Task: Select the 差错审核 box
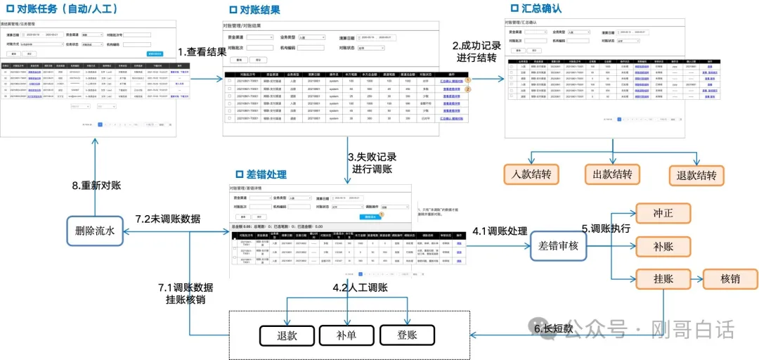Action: click(x=558, y=245)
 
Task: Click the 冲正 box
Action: click(x=663, y=212)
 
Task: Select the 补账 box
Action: click(x=663, y=245)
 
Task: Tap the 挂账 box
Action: click(x=663, y=279)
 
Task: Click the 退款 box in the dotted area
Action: click(x=286, y=335)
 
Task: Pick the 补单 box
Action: click(x=346, y=335)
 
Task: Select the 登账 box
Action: click(x=407, y=335)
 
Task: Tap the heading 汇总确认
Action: click(x=541, y=8)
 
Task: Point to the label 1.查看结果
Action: click(x=202, y=52)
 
